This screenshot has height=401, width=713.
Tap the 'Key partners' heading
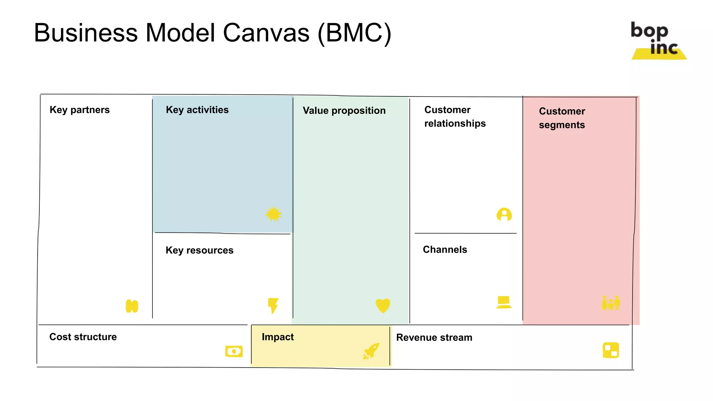click(79, 110)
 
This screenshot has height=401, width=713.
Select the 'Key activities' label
click(197, 110)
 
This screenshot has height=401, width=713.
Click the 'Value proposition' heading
click(344, 111)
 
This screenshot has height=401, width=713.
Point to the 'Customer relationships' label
click(454, 117)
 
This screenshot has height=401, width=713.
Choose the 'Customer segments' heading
click(562, 118)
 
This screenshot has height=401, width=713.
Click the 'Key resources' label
click(199, 250)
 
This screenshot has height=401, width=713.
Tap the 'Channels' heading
click(445, 250)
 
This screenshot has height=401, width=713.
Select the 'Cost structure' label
click(83, 337)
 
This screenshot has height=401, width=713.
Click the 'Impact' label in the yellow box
click(277, 337)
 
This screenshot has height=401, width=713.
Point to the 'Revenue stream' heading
click(434, 338)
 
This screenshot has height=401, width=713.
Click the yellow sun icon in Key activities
click(273, 214)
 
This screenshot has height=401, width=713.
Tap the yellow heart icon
click(383, 305)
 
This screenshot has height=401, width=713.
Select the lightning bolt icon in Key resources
click(273, 305)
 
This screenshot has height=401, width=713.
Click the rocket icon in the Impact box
click(371, 351)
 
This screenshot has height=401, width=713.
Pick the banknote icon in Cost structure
click(234, 351)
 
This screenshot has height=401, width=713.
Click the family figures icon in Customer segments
click(611, 303)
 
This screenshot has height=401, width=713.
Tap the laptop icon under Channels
click(504, 302)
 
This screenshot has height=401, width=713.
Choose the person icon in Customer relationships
click(504, 214)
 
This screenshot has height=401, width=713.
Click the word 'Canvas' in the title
click(266, 33)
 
